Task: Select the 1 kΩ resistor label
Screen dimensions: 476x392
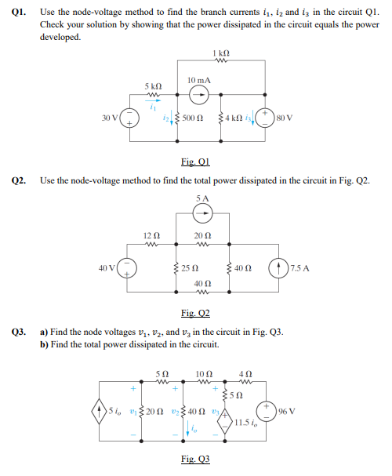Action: (220, 53)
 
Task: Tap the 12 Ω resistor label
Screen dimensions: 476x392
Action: (152, 236)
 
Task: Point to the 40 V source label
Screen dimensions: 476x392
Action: (109, 268)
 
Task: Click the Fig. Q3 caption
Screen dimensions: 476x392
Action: (195, 459)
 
